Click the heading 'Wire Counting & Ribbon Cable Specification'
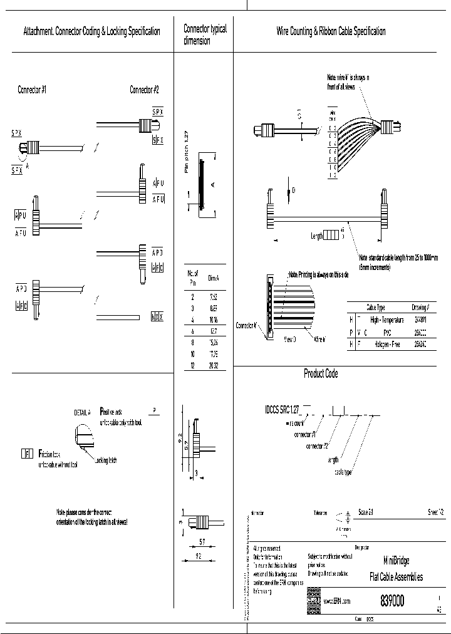(x=331, y=31)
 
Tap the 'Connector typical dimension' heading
(x=204, y=34)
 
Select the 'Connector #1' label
(x=31, y=90)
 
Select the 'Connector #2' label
(x=144, y=90)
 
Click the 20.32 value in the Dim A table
(x=214, y=366)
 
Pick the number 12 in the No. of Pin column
(x=192, y=366)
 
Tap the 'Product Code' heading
(x=321, y=374)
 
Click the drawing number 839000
(x=392, y=601)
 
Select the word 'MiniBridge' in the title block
(x=397, y=561)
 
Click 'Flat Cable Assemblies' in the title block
(x=397, y=577)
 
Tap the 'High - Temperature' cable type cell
(x=386, y=320)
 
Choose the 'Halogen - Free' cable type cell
(x=386, y=345)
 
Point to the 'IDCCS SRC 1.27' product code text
(x=283, y=408)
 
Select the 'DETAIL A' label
(x=82, y=412)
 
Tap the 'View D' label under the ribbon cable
(x=290, y=339)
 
